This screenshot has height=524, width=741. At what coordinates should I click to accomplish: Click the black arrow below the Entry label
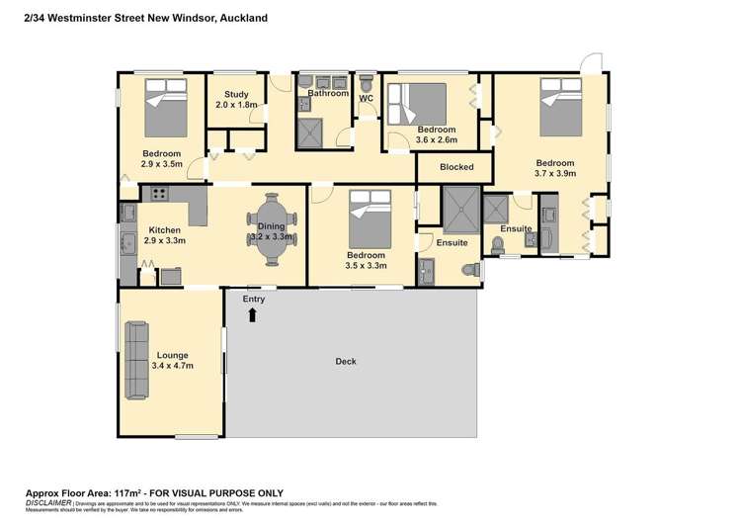253,314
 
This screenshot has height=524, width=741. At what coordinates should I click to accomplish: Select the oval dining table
272,230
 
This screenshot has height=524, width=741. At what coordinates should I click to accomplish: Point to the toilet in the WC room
366,80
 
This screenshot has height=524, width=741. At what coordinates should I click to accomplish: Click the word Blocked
456,167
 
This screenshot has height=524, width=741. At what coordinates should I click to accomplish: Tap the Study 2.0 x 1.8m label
236,99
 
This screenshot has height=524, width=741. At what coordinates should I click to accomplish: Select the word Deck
345,362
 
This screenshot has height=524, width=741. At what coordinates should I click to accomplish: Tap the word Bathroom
328,94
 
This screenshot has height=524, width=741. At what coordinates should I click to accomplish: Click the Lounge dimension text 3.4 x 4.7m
172,366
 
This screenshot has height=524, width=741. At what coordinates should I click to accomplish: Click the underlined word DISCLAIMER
46,502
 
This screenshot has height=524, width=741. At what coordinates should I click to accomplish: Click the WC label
365,99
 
